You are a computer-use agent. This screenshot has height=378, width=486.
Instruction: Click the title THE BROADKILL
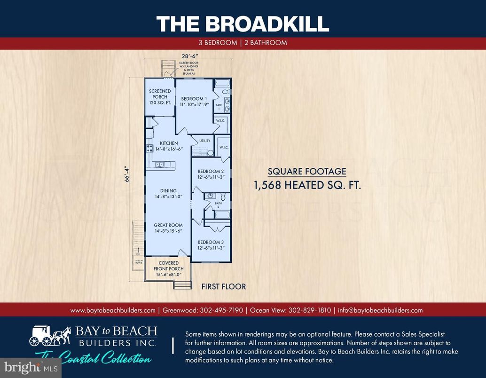click(243, 23)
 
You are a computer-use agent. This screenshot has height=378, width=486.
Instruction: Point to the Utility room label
click(204, 141)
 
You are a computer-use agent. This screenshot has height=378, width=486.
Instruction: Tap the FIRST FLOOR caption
click(223, 286)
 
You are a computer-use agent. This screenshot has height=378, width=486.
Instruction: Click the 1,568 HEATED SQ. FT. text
click(307, 185)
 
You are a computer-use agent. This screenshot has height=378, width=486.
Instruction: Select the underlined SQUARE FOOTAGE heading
click(307, 171)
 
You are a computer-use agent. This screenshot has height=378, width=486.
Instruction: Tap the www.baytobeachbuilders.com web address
click(113, 310)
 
